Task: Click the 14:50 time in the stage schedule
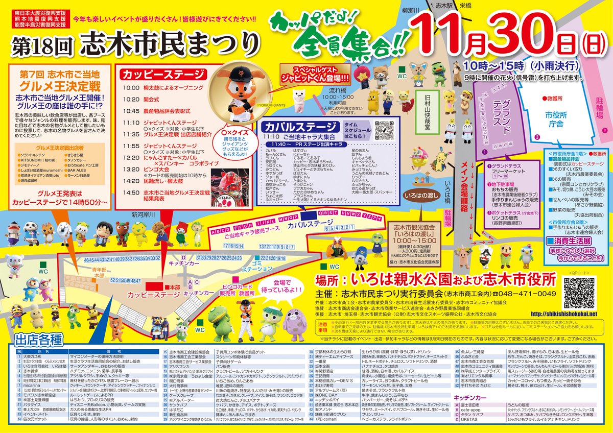point(131,193)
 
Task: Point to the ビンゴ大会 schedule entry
point(155,167)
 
